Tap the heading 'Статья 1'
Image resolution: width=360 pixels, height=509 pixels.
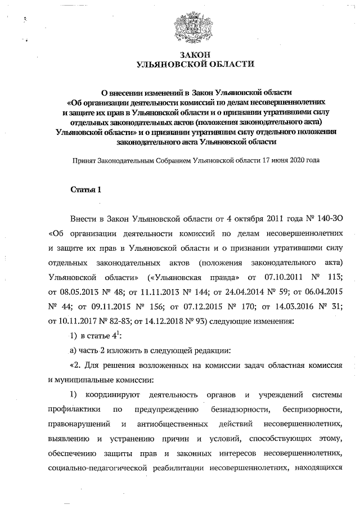click(x=85, y=189)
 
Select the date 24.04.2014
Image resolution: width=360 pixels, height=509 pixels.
click(x=214, y=292)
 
